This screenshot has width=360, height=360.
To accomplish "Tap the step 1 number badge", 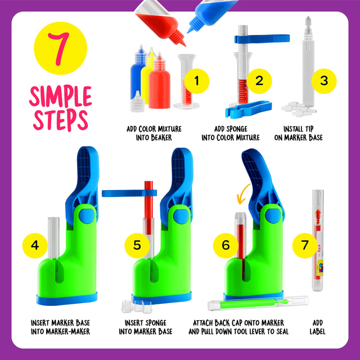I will click(196, 80).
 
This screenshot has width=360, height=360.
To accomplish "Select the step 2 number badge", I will click(259, 80).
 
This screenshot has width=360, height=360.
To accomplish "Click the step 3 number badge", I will click(323, 80).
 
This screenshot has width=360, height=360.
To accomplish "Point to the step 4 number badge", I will click(35, 245).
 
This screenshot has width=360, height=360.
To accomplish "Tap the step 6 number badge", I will click(226, 245).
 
